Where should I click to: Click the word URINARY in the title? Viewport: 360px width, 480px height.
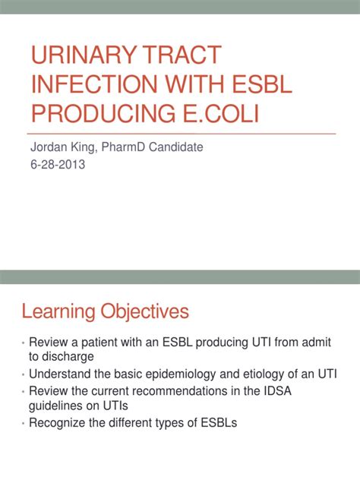(x=84, y=55)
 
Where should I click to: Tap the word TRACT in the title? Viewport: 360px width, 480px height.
(x=182, y=55)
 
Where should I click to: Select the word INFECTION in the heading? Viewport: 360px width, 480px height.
(x=93, y=84)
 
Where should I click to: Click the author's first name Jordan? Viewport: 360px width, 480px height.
(x=49, y=147)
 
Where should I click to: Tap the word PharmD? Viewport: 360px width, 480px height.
(x=123, y=147)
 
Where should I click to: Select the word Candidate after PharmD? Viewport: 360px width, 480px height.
(x=175, y=147)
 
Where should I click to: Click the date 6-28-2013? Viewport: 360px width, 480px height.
(x=58, y=164)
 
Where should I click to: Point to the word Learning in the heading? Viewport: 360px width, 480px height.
(x=58, y=312)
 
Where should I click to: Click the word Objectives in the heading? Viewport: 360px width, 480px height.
(x=145, y=312)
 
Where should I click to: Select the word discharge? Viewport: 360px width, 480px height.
(x=68, y=357)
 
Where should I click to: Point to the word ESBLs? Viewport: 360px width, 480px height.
(x=219, y=423)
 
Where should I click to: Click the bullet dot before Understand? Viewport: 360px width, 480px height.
(x=24, y=375)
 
